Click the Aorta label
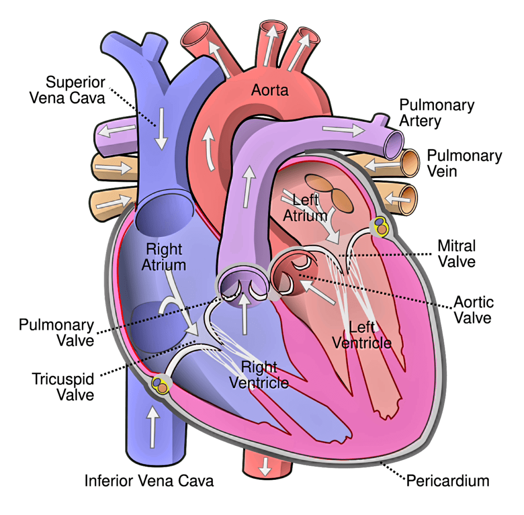point(270,90)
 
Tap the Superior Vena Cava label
point(67,90)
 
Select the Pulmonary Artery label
point(437,113)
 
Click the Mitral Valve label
point(456,254)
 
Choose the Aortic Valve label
point(473,310)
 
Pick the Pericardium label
point(448,481)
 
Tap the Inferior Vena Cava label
point(149,481)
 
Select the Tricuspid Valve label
point(63,387)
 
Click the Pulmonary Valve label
point(56,333)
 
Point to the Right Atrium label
point(164,257)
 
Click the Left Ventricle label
point(362,335)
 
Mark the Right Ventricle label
point(259,375)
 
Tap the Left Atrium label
point(305,208)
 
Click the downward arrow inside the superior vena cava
point(161,129)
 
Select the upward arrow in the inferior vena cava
point(153,427)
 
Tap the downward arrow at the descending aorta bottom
point(266,466)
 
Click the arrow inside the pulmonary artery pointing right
point(343,130)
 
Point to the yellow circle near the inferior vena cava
point(160,384)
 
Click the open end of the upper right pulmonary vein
point(410,163)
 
